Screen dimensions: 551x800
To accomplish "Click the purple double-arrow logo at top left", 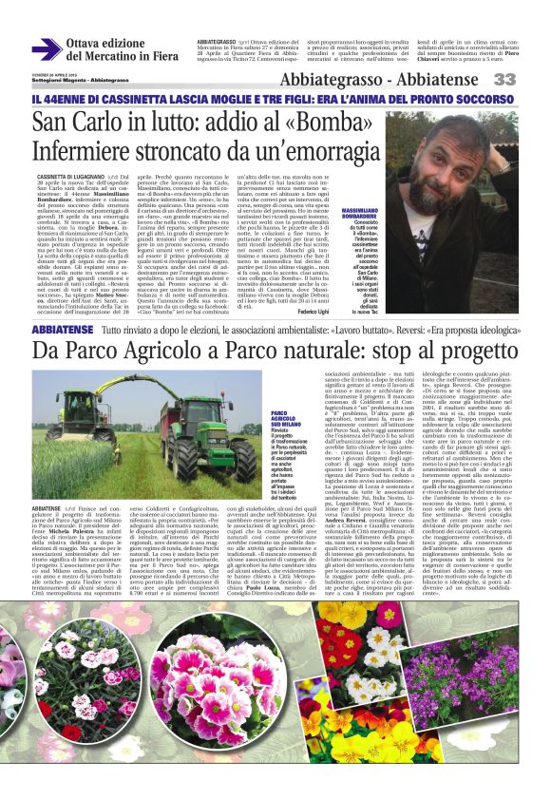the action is click(x=46, y=48).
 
